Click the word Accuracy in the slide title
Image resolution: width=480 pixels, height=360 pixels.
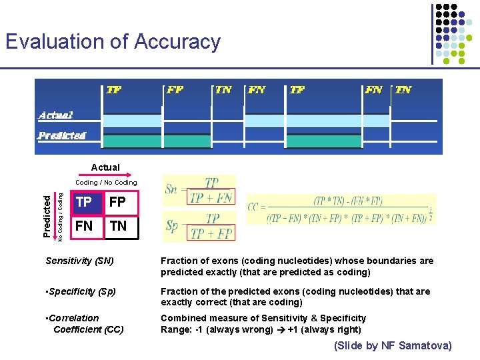177,42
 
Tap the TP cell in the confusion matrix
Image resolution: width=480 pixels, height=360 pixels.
84,202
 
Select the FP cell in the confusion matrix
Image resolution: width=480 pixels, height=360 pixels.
117,202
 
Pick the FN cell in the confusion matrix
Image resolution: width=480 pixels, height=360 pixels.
84,226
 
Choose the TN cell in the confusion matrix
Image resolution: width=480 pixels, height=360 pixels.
118,226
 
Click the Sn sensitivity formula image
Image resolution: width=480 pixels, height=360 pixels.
200,189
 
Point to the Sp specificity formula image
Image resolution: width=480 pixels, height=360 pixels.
200,226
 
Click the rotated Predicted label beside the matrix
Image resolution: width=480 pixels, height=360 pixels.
47,215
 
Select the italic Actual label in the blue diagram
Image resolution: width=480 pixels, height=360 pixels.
56,115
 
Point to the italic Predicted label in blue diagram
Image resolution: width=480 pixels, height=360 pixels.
62,135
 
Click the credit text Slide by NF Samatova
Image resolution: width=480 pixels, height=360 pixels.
393,345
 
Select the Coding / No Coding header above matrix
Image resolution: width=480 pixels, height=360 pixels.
106,183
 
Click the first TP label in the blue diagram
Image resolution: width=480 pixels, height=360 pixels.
114,89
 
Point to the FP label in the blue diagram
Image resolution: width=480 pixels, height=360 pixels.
175,89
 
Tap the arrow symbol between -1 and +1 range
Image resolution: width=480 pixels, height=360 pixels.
281,329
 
